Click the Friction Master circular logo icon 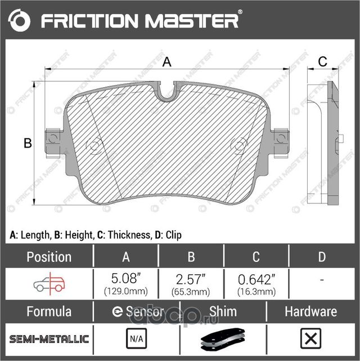point(19,21)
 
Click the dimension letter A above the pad point(166,63)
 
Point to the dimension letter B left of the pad point(27,144)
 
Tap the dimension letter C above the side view point(322,62)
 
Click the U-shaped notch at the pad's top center point(166,92)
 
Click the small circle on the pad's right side point(240,146)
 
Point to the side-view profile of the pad point(326,144)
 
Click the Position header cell point(49,257)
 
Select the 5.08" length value point(126,279)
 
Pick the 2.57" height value point(191,279)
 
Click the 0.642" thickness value point(256,279)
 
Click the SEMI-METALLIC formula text point(49,339)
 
